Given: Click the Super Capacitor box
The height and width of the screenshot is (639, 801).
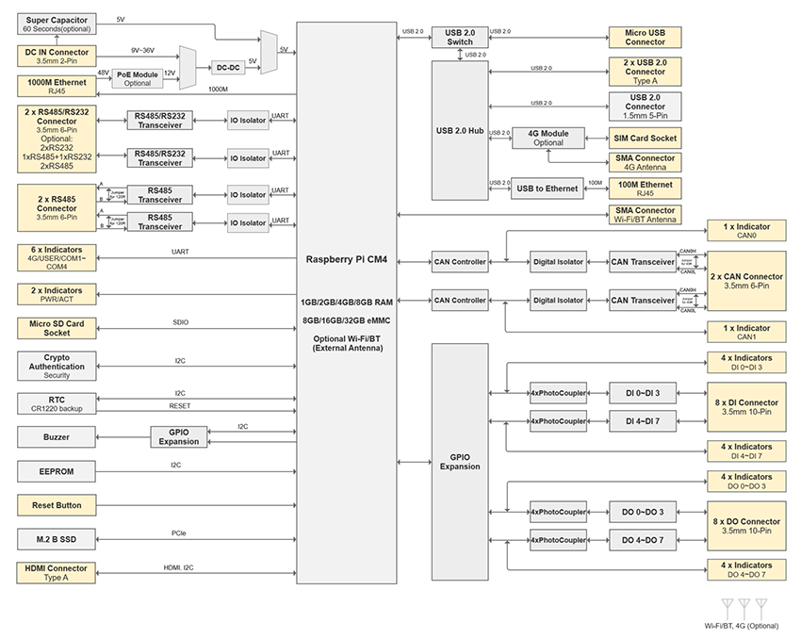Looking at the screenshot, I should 57,25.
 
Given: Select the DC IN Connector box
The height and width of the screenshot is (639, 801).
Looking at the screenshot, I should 57,56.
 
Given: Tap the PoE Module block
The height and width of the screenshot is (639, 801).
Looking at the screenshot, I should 137,78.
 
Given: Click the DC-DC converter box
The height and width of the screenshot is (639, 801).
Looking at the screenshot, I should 226,68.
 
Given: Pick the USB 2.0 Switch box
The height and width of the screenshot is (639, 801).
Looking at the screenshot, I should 460,38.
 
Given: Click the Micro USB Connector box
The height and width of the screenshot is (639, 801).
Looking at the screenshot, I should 645,37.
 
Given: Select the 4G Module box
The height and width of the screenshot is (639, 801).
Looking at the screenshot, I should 548,138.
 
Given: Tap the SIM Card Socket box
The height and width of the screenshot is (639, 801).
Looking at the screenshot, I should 645,138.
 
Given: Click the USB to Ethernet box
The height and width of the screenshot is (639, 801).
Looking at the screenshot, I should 548,188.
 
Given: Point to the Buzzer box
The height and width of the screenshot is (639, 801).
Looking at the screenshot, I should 57,437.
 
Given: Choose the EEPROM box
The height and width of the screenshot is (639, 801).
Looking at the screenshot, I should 57,470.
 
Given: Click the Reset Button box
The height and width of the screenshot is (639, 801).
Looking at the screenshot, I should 57,505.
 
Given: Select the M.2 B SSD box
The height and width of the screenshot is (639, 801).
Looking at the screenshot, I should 57,539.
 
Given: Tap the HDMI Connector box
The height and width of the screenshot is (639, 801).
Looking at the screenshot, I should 57,573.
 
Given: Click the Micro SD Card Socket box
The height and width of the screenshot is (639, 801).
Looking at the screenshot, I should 57,328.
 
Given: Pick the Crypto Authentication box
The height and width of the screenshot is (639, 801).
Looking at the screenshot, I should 57,367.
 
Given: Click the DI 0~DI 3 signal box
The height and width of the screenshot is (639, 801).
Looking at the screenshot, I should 642,393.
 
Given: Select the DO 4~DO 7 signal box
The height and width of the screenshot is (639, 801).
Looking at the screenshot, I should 642,540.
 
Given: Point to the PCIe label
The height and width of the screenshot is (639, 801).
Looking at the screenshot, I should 179,533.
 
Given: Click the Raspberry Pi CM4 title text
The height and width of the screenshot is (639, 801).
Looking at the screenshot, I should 347,258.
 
